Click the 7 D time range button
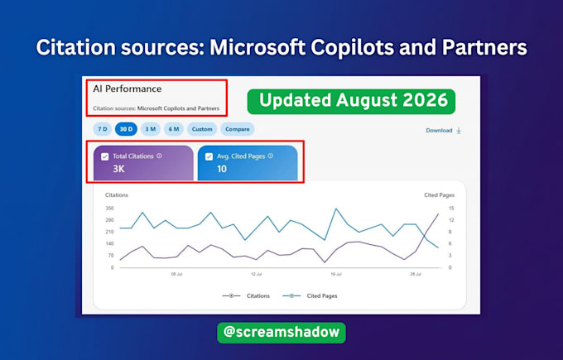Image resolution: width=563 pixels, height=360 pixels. (x=103, y=129)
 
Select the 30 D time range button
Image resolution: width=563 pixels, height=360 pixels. (x=126, y=129)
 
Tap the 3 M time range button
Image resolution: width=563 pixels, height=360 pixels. (x=151, y=129)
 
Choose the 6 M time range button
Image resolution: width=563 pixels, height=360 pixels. (x=174, y=129)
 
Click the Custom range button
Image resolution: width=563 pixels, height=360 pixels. (x=202, y=129)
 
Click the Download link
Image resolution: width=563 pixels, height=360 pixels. (x=444, y=130)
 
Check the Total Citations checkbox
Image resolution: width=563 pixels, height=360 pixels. (x=105, y=156)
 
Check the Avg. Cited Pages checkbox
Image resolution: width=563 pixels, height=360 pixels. (x=209, y=156)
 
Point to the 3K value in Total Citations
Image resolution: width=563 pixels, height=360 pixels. (x=118, y=169)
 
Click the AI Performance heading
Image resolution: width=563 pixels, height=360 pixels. (x=128, y=89)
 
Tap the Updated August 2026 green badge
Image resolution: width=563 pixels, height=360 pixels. (x=351, y=102)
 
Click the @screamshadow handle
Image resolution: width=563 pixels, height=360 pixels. (x=281, y=332)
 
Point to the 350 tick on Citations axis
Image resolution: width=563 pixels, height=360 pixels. (x=109, y=209)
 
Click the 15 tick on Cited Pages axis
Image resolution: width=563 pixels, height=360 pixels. (x=451, y=209)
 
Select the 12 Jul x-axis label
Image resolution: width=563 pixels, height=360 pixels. (x=257, y=274)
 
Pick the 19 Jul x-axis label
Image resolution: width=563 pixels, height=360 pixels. (x=336, y=274)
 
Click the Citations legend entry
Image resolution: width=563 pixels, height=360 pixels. (x=247, y=295)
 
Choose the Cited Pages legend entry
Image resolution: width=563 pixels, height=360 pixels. (x=310, y=295)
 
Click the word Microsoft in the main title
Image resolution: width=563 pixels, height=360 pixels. (x=257, y=47)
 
